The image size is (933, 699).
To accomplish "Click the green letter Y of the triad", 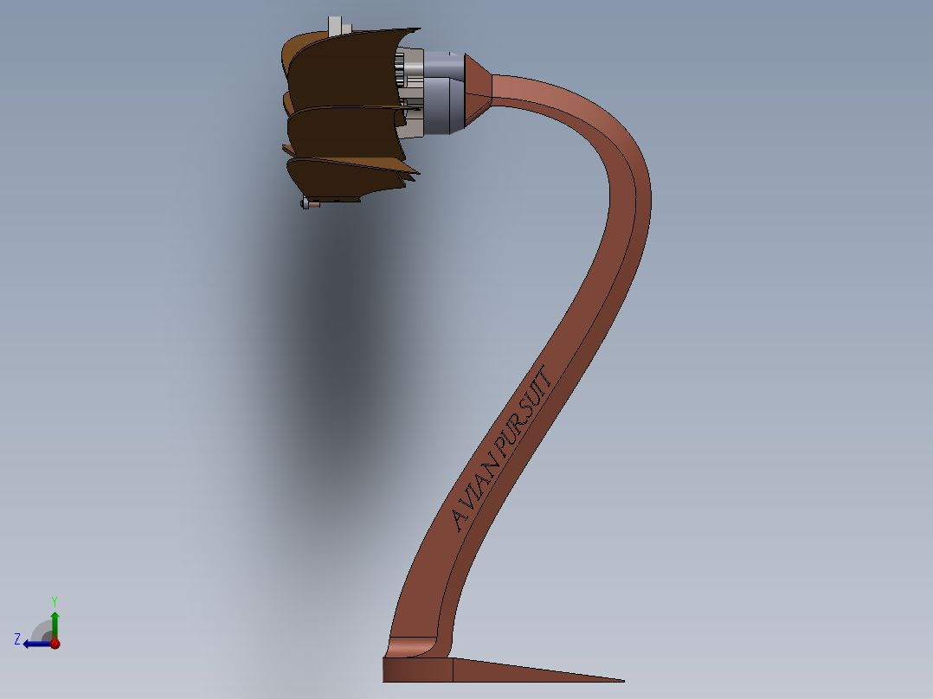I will click(54, 600).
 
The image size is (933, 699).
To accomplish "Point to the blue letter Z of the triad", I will click(17, 639).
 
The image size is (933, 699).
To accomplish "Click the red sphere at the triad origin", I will click(55, 644).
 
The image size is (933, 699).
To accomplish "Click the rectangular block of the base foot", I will click(417, 670).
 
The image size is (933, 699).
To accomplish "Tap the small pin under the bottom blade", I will click(305, 204).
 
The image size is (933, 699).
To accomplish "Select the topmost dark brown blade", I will click(342, 69).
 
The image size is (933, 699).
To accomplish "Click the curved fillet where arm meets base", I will click(410, 645).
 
